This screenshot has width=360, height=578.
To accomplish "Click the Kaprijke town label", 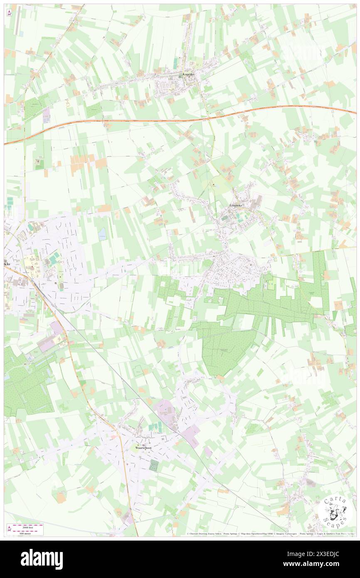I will pos(189,74).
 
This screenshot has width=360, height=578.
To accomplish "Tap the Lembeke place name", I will pos(236,205).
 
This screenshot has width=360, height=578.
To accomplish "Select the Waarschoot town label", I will pos(142,448).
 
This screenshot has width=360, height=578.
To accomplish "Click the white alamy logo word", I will pos(42,559).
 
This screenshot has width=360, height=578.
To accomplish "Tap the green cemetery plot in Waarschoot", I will pos(154,466).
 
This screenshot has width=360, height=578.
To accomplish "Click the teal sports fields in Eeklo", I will pos(54,258).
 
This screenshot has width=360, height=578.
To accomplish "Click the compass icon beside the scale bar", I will pos(9,529).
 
